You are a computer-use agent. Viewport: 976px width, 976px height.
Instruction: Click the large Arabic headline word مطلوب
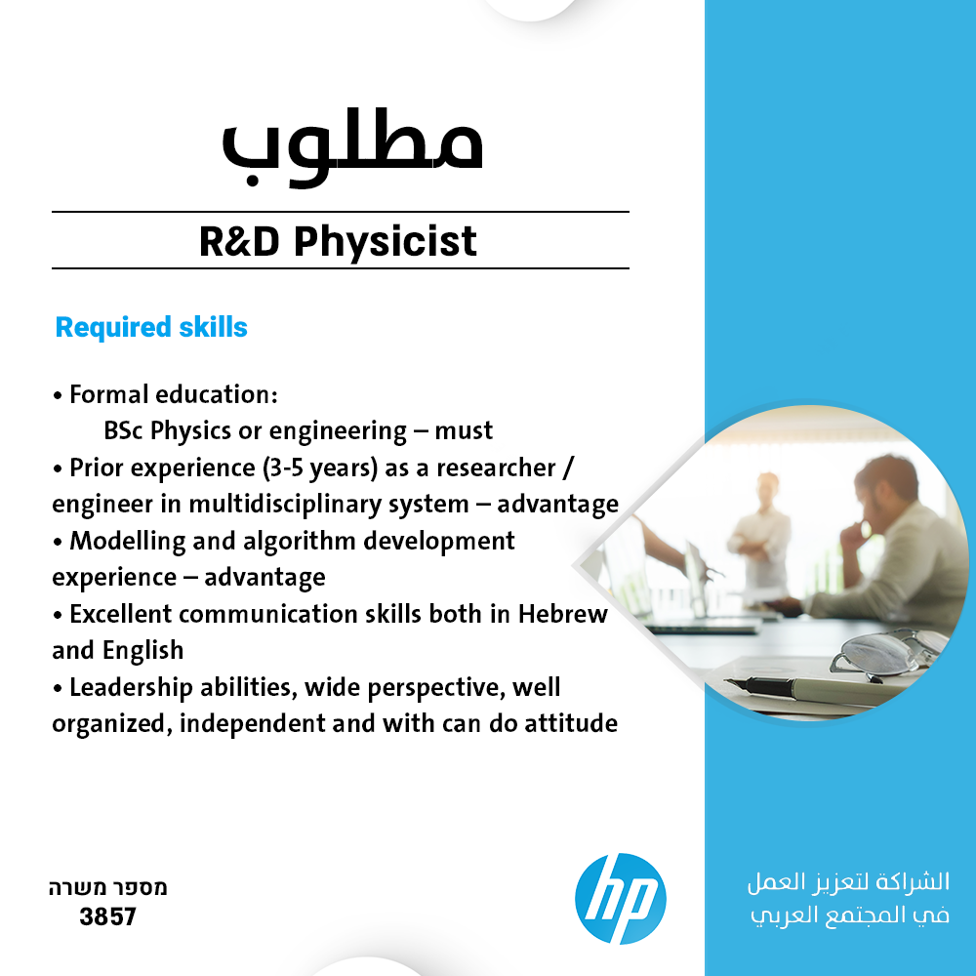click(353, 147)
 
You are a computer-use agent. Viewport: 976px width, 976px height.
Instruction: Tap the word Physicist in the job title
click(386, 242)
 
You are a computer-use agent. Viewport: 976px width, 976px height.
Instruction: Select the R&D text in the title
click(240, 241)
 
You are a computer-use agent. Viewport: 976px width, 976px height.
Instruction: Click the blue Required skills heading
click(151, 327)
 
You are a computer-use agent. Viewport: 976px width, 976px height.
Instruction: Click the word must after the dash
click(464, 430)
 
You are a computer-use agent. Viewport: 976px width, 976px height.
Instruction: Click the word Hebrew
click(563, 614)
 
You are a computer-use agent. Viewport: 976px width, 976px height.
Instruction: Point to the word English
click(143, 651)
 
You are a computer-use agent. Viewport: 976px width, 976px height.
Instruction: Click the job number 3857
click(107, 916)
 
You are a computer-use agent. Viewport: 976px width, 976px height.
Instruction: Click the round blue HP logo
click(620, 898)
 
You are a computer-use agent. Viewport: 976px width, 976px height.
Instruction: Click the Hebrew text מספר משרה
click(107, 887)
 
